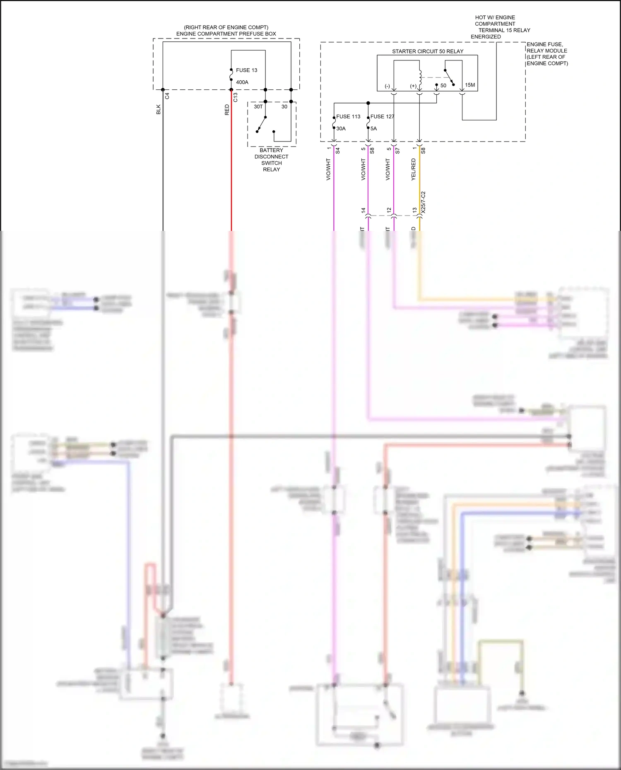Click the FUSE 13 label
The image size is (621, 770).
(246, 70)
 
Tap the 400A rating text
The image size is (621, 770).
(242, 82)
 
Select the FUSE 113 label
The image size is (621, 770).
(348, 117)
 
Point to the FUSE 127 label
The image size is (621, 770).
(382, 117)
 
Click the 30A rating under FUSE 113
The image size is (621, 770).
(341, 129)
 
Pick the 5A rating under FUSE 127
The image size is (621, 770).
(373, 129)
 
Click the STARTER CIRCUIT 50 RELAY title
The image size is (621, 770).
(428, 51)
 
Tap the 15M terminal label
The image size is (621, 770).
(470, 85)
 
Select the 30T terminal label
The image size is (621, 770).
(258, 107)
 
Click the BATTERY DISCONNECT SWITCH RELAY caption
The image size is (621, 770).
(272, 160)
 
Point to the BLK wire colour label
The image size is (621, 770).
(159, 110)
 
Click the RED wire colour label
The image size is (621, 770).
(227, 110)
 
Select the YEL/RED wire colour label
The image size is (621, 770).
(413, 169)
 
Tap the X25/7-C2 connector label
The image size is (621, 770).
(423, 202)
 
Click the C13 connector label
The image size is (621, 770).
(236, 97)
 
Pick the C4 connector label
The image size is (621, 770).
(167, 96)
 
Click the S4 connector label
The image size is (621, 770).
(337, 151)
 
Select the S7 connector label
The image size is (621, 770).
(397, 151)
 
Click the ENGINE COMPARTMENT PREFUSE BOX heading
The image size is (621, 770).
(226, 34)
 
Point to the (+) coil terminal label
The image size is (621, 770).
(413, 86)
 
